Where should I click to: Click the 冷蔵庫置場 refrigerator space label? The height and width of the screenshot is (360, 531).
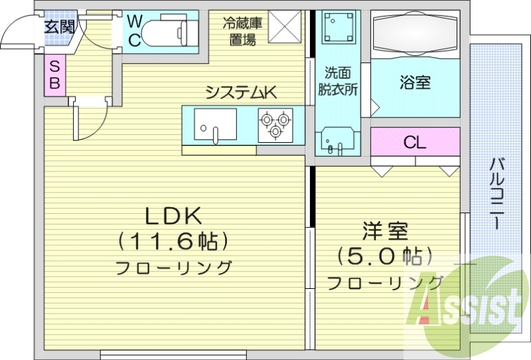point(242,31)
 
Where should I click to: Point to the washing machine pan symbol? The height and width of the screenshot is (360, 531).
point(338,28)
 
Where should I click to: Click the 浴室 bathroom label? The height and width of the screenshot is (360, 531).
point(416,82)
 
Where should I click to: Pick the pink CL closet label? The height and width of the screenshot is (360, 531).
point(416,142)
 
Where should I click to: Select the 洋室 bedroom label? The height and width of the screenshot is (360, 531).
point(385,232)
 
